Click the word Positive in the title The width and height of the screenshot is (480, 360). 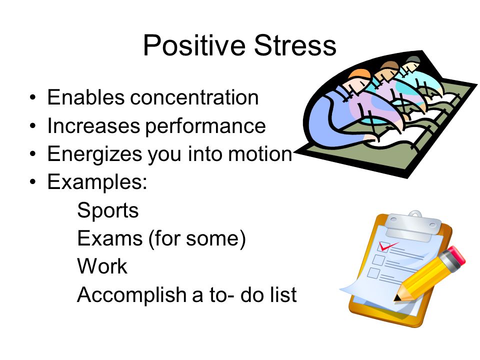(x=194, y=46)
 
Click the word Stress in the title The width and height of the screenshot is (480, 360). (x=295, y=45)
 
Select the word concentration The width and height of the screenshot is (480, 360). (x=194, y=97)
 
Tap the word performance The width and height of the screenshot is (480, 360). (x=205, y=126)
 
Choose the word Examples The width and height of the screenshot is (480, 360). (x=97, y=182)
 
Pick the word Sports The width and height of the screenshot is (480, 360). (x=108, y=211)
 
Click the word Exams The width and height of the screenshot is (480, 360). (x=110, y=238)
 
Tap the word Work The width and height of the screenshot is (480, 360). (x=102, y=266)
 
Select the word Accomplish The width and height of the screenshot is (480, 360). (x=132, y=295)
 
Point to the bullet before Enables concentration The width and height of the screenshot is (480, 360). (x=33, y=98)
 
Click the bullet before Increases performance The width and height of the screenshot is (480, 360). (x=33, y=126)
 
